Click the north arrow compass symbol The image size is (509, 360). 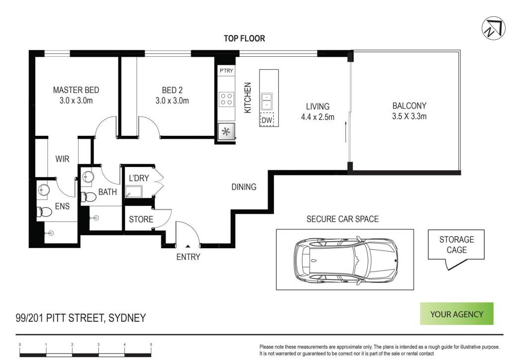(493, 28)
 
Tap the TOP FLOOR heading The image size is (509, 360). (244, 38)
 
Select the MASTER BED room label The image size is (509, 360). (76, 90)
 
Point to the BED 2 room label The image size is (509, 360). (172, 90)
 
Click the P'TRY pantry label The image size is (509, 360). (226, 71)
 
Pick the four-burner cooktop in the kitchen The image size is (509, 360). (226, 99)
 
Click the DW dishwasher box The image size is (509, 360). (267, 119)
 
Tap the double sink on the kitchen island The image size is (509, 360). (267, 101)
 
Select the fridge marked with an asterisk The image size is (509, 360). (226, 132)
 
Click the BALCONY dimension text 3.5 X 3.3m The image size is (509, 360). (409, 116)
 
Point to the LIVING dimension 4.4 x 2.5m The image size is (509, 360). (318, 117)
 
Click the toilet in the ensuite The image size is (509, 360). (44, 212)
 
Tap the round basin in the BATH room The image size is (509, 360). (88, 177)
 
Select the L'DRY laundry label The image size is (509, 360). (139, 178)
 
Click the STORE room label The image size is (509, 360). (141, 219)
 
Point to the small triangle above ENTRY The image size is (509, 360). (187, 247)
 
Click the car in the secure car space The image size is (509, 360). (345, 261)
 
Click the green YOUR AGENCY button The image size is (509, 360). (456, 314)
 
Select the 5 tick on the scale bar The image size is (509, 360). (151, 345)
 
